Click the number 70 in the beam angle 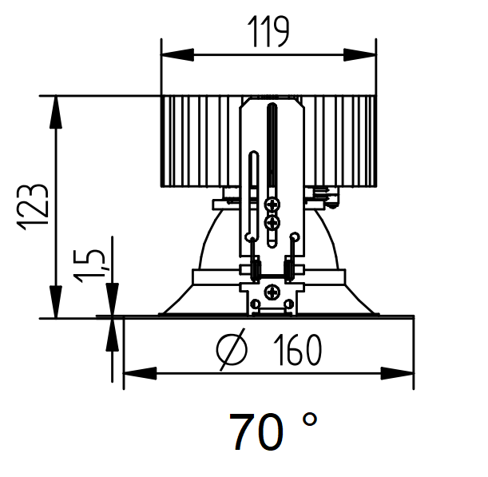point(256,432)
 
